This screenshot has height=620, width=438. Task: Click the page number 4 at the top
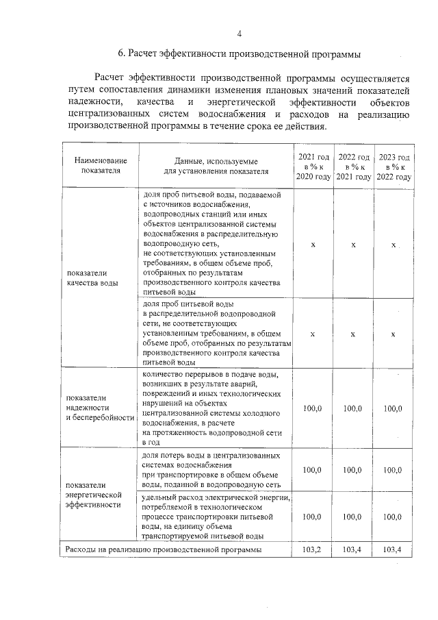click(x=239, y=34)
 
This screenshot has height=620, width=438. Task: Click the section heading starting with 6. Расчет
click(x=239, y=53)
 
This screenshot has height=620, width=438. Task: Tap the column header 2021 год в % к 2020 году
click(x=313, y=166)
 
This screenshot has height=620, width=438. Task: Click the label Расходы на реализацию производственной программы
click(x=163, y=549)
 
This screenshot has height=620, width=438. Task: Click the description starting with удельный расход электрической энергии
click(x=216, y=517)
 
